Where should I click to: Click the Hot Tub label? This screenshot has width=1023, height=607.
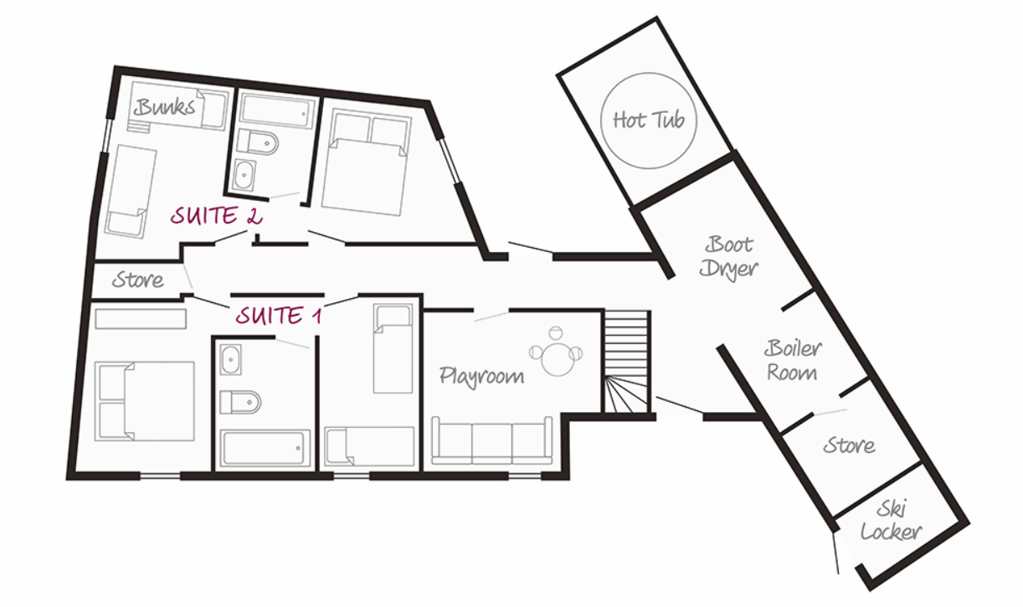[649, 120]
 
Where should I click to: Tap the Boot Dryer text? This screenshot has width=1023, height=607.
[728, 258]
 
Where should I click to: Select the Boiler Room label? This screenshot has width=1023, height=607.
[793, 361]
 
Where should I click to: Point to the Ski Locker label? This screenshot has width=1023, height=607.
[891, 522]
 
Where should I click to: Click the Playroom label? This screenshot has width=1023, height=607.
[481, 377]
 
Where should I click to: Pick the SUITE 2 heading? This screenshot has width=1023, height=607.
[217, 215]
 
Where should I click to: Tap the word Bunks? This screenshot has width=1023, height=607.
[164, 107]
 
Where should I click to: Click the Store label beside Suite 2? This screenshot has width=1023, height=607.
[137, 280]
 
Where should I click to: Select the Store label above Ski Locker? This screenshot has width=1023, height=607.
[849, 445]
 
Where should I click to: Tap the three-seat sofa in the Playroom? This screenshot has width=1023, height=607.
[492, 440]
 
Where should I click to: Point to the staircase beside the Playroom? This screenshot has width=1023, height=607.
[625, 362]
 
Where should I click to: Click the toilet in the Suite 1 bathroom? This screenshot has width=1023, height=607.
[240, 403]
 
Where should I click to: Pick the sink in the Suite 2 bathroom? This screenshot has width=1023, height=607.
[244, 175]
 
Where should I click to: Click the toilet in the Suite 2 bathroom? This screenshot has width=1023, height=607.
[258, 142]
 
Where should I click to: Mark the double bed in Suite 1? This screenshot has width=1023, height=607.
[144, 402]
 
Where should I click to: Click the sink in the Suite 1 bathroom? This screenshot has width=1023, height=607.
[230, 360]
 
